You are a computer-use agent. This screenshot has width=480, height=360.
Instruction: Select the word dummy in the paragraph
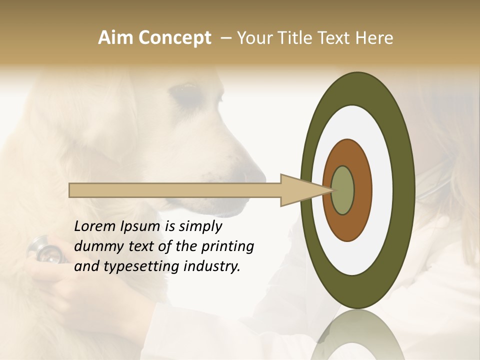coord(95,246)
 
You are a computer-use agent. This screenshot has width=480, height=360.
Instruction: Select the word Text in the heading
coord(338,38)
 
